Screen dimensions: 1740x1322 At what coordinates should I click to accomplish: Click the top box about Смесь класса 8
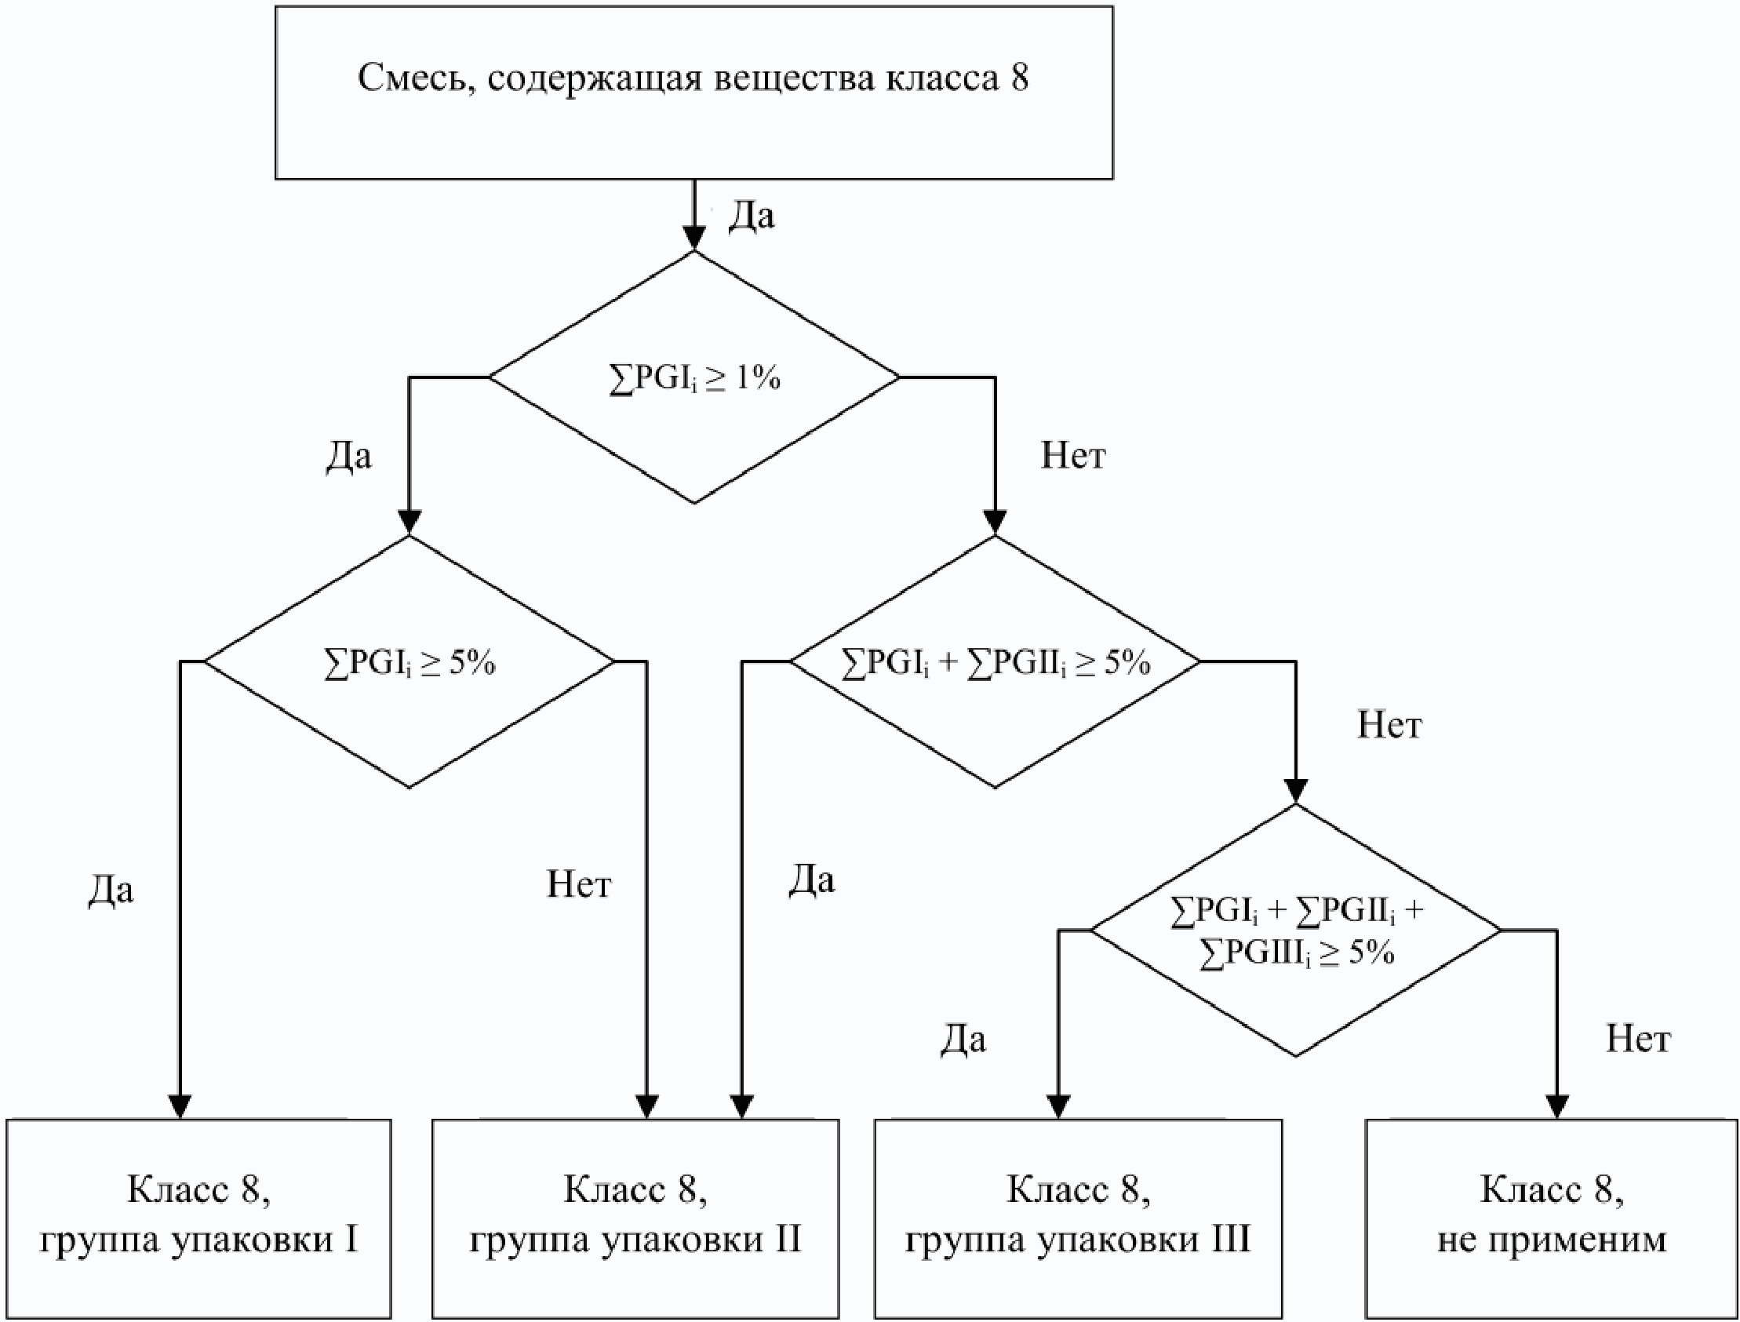pyautogui.click(x=693, y=93)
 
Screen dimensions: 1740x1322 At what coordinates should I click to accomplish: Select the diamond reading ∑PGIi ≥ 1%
pyautogui.click(x=693, y=377)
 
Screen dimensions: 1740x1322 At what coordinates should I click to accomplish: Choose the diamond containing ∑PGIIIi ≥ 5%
pyautogui.click(x=1295, y=930)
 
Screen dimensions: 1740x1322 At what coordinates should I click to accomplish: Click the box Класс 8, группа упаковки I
pyautogui.click(x=199, y=1219)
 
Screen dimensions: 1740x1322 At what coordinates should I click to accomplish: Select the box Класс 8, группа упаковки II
pyautogui.click(x=635, y=1219)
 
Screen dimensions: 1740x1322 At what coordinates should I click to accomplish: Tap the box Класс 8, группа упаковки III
pyautogui.click(x=1079, y=1219)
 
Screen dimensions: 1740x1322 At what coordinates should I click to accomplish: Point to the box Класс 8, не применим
pyautogui.click(x=1551, y=1219)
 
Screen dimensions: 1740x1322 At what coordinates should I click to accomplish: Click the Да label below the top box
pyautogui.click(x=752, y=215)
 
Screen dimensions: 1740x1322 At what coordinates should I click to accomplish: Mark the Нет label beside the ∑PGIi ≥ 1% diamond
pyautogui.click(x=1073, y=455)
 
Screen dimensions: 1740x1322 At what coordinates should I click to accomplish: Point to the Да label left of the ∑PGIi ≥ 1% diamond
pyautogui.click(x=348, y=456)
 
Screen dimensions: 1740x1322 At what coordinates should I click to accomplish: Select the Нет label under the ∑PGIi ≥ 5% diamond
pyautogui.click(x=579, y=883)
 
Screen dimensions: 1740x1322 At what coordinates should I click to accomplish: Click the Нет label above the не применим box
pyautogui.click(x=1638, y=1039)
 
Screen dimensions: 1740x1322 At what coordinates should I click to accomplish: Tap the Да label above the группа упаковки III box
pyautogui.click(x=963, y=1040)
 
